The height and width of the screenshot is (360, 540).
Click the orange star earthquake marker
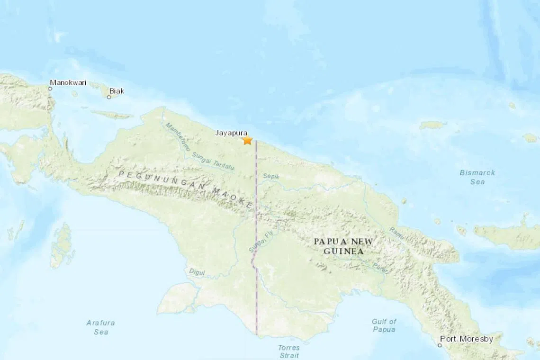(x=247, y=140)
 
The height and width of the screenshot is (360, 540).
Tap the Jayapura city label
(x=231, y=133)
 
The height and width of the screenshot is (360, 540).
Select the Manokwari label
(x=68, y=82)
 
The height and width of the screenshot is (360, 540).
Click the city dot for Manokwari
(x=50, y=89)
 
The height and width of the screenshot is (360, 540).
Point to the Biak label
(x=116, y=90)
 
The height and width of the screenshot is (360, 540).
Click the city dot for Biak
(x=109, y=97)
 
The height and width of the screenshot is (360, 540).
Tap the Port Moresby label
(x=466, y=339)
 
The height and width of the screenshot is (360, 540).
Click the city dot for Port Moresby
(x=440, y=345)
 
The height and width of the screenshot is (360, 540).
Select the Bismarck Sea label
(x=477, y=177)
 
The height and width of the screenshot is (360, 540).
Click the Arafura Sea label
(x=100, y=327)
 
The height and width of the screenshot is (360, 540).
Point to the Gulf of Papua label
(x=384, y=325)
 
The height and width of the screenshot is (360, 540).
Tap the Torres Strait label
(x=288, y=351)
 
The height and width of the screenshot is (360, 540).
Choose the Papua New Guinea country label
(x=343, y=246)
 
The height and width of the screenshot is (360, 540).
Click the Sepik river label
(x=271, y=176)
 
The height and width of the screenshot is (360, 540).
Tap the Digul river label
(x=197, y=272)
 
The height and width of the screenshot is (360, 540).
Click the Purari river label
(x=380, y=268)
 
